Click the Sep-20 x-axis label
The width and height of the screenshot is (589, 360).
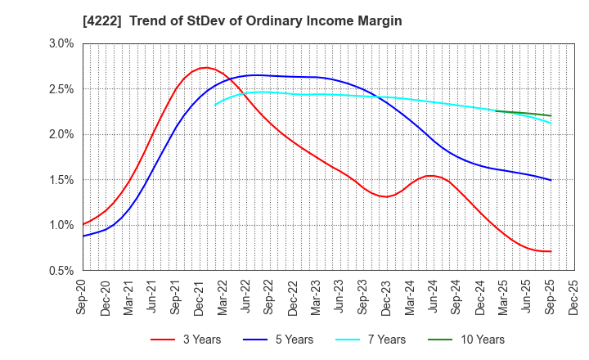(83, 297)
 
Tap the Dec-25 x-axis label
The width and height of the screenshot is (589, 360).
(573, 297)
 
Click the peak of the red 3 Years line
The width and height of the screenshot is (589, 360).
(205, 68)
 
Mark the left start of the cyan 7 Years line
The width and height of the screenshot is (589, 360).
(214, 105)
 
